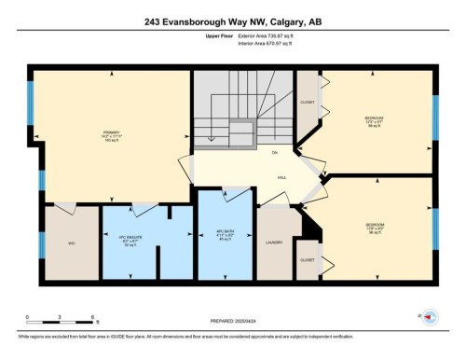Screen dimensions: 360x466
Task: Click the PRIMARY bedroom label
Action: point(111,133)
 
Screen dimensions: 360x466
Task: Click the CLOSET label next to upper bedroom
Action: point(307,102)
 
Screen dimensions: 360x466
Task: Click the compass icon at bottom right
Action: point(431,317)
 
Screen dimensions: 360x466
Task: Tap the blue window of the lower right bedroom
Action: point(435,229)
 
